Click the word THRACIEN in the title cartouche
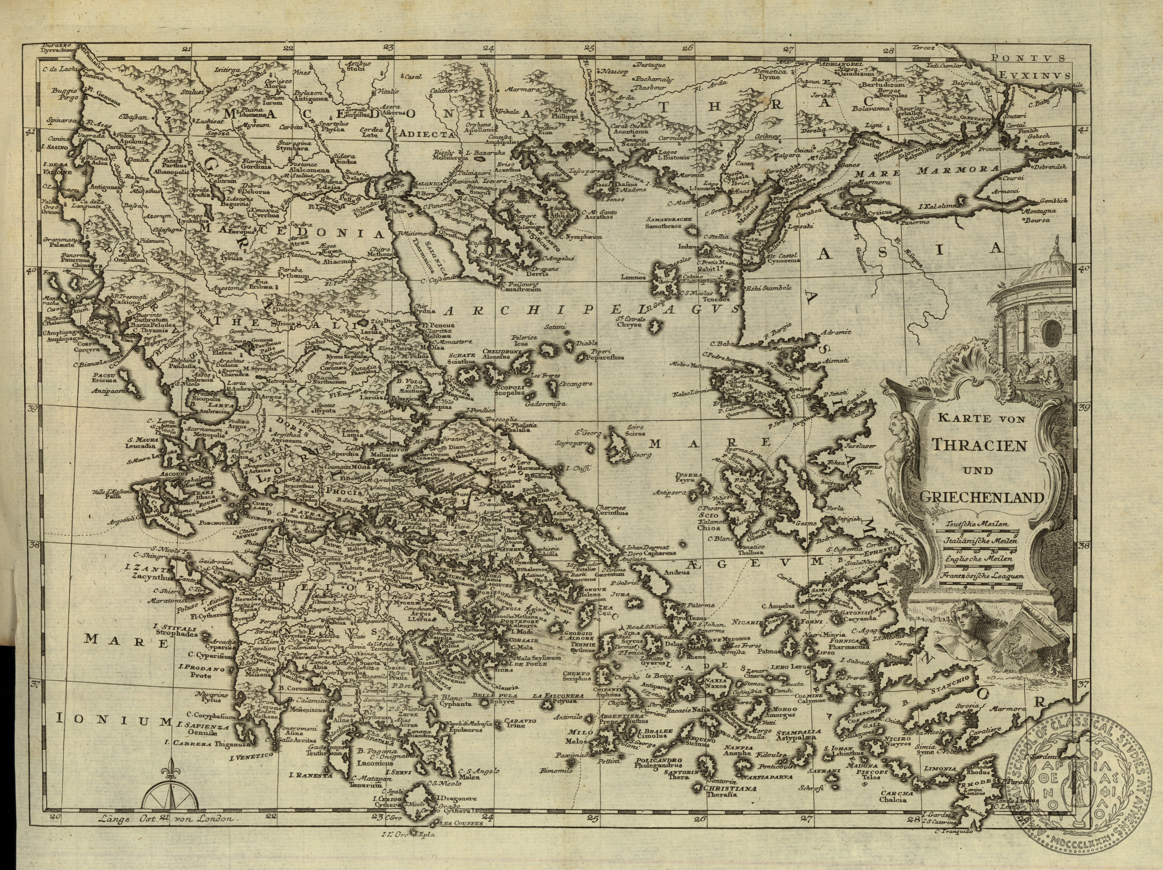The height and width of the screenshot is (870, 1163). coord(979,445)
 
